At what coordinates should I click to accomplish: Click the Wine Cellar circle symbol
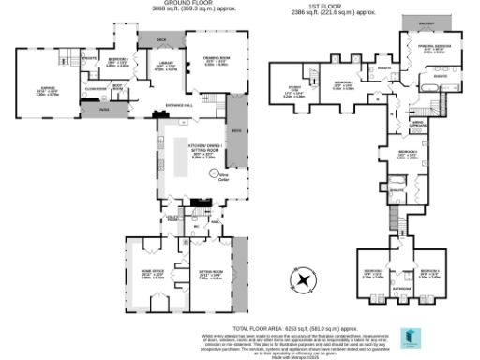click(214, 173)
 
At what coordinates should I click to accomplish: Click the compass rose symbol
click(302, 280)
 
